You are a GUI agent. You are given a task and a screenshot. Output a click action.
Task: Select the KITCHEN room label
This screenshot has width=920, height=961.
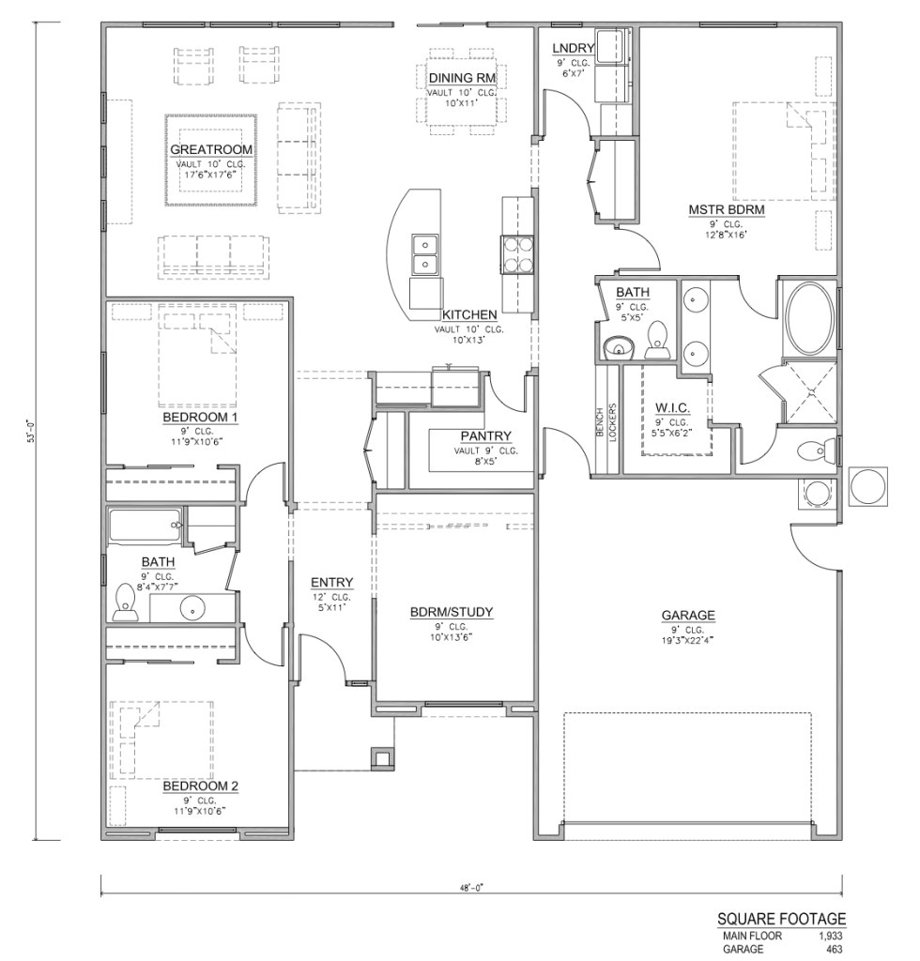point(469,315)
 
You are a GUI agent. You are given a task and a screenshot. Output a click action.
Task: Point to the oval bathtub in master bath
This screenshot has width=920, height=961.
point(808,319)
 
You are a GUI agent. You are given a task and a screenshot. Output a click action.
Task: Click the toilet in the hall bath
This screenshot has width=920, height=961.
point(124,603)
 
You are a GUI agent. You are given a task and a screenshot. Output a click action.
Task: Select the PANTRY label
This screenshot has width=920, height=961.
point(485,435)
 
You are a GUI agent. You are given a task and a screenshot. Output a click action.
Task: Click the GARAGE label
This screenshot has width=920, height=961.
point(688,616)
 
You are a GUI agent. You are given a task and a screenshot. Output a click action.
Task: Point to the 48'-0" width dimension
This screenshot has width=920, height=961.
point(472,886)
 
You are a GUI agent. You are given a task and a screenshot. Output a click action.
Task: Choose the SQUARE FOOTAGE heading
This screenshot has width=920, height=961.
point(781,919)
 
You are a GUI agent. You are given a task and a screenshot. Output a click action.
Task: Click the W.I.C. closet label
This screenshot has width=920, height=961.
point(672,408)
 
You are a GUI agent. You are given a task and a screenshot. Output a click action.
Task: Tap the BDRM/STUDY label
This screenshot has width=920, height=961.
point(452,614)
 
